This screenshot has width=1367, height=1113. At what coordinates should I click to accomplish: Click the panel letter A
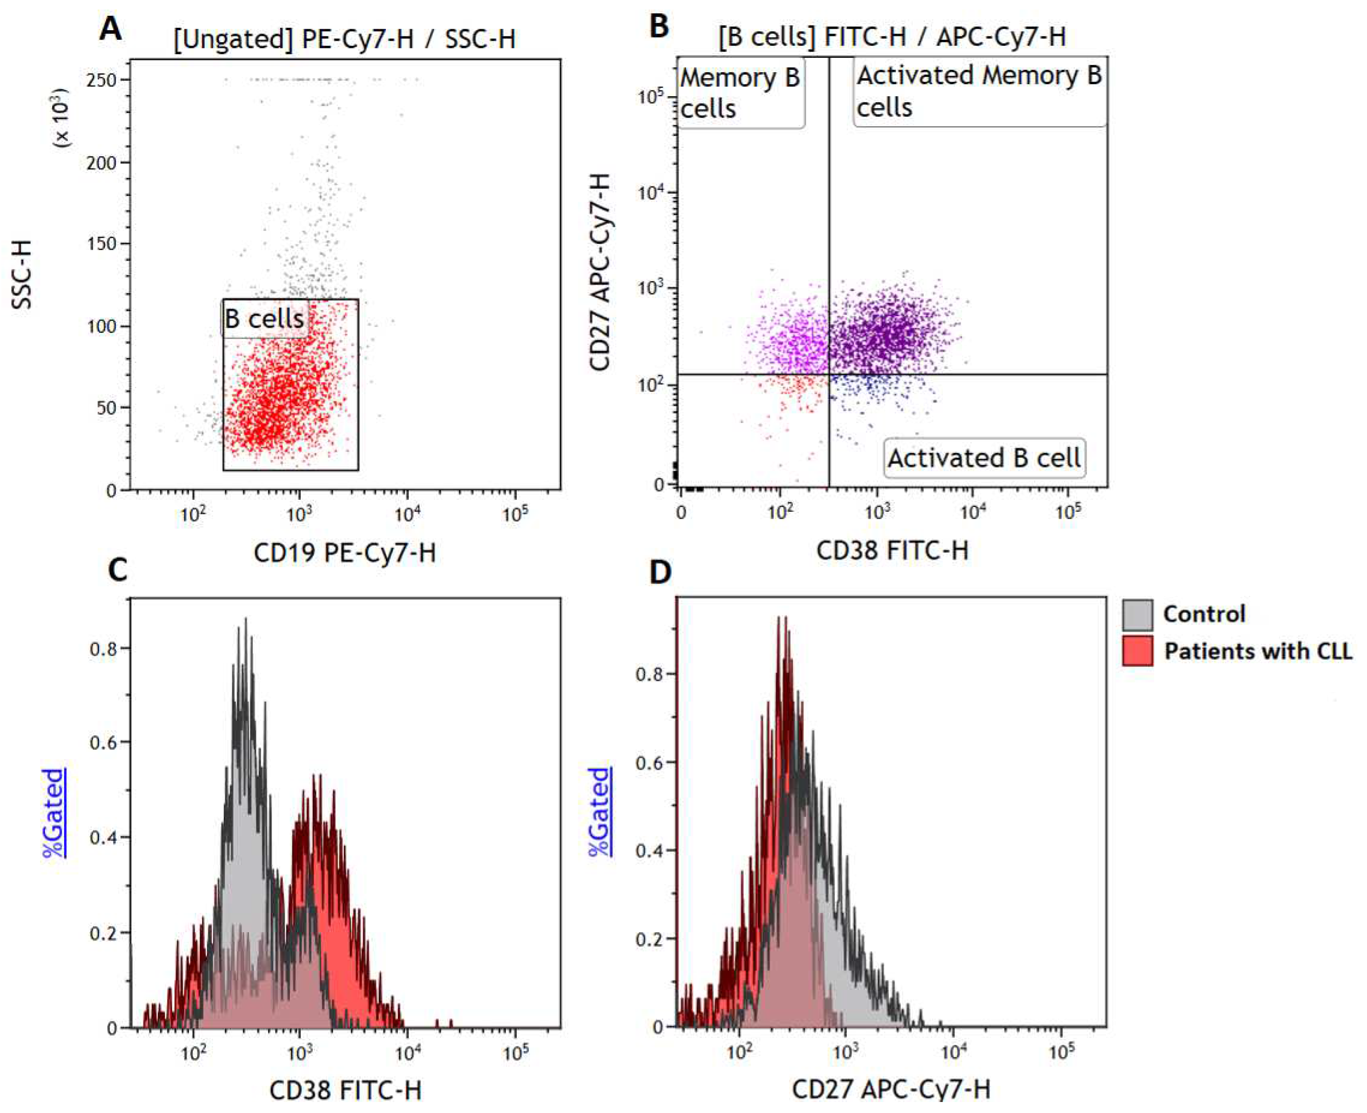click(x=110, y=29)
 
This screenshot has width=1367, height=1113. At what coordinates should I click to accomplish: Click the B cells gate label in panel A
click(x=264, y=319)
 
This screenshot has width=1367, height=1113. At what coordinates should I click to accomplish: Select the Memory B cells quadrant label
click(x=740, y=93)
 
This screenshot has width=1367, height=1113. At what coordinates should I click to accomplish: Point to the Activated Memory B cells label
click(x=979, y=91)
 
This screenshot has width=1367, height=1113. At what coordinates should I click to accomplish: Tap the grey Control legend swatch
click(x=1137, y=614)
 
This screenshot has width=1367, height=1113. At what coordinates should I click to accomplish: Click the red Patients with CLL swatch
click(x=1137, y=651)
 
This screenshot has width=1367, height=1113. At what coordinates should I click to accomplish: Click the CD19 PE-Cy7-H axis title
click(x=344, y=552)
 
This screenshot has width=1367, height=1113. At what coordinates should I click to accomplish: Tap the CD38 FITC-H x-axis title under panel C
click(x=345, y=1090)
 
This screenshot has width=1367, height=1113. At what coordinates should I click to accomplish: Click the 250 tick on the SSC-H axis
click(x=102, y=80)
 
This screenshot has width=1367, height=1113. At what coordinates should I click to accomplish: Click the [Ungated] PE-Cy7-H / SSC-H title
click(x=344, y=39)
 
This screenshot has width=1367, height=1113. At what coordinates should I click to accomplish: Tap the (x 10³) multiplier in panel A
click(x=63, y=118)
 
